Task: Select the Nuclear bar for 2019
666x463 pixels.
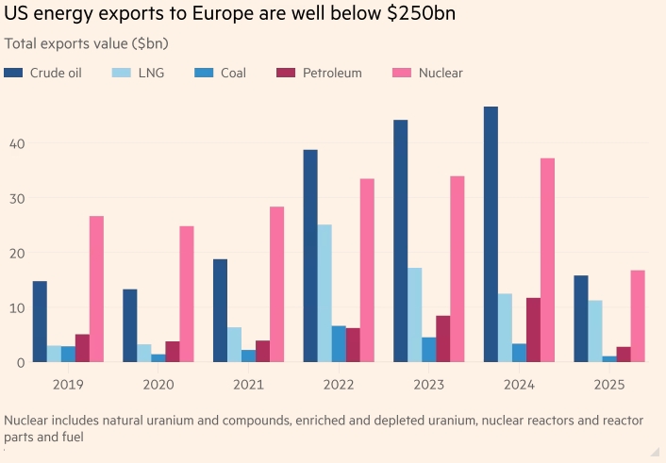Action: click(96, 289)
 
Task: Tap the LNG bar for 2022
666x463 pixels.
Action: click(325, 293)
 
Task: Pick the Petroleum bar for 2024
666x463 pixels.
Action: click(533, 330)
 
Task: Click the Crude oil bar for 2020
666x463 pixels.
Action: click(129, 325)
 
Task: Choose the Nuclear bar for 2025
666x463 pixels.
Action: click(638, 316)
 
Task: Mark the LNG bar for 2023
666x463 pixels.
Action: click(415, 315)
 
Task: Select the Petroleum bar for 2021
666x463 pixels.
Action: click(262, 351)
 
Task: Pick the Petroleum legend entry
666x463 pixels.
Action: click(330, 73)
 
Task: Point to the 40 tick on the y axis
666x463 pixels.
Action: click(18, 143)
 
